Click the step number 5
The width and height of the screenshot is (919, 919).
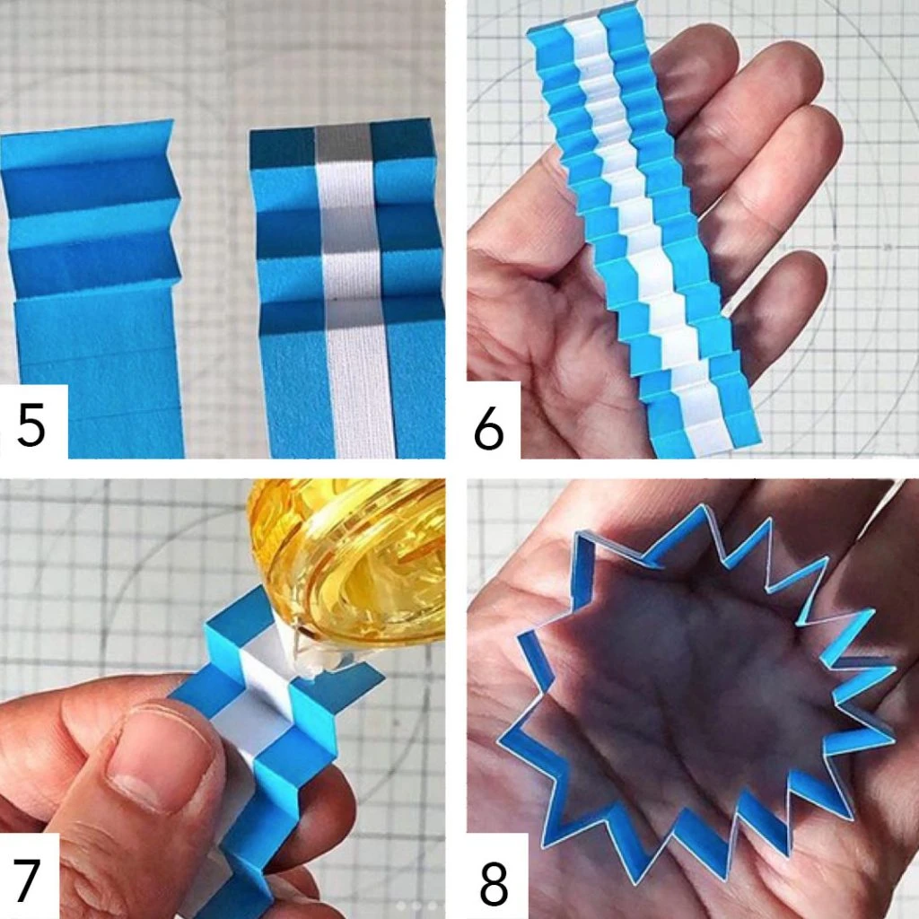coord(31,424)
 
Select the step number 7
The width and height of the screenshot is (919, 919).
coord(26,880)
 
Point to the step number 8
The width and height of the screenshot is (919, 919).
coord(494,883)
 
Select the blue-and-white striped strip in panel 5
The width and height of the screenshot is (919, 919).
coord(346,293)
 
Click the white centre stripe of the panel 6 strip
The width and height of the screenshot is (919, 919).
coord(639,234)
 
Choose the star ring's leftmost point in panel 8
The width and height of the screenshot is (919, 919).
coord(499,742)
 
